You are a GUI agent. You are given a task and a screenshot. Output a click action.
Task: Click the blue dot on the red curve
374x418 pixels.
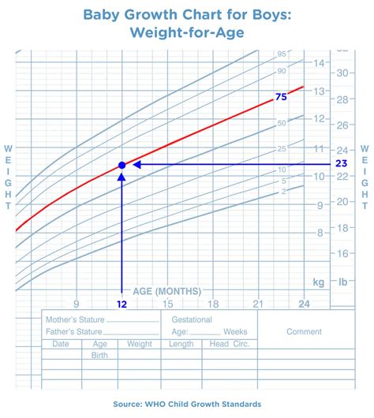coord(122,165)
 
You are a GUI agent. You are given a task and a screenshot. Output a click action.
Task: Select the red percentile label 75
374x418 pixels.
coord(280,97)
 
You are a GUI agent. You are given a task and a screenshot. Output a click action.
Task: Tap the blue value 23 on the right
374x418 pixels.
coord(342,164)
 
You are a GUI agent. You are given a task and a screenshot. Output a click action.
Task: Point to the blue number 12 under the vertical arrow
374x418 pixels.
coord(122,304)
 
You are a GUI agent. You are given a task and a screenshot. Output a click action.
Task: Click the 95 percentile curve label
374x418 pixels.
coord(280,54)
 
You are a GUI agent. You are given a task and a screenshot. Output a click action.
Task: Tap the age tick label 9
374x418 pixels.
coord(76,304)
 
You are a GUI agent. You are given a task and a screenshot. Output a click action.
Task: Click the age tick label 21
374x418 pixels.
coord(258,304)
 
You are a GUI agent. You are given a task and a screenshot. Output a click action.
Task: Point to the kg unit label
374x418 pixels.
coord(319,281)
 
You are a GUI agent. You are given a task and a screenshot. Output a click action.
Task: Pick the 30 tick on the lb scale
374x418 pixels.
coord(343,73)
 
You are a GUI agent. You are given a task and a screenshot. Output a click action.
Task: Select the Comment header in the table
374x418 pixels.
coord(304,332)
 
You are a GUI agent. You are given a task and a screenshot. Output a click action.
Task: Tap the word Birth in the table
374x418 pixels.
coord(101,355)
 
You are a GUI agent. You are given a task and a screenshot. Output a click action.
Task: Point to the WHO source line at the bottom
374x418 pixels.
coord(187,405)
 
